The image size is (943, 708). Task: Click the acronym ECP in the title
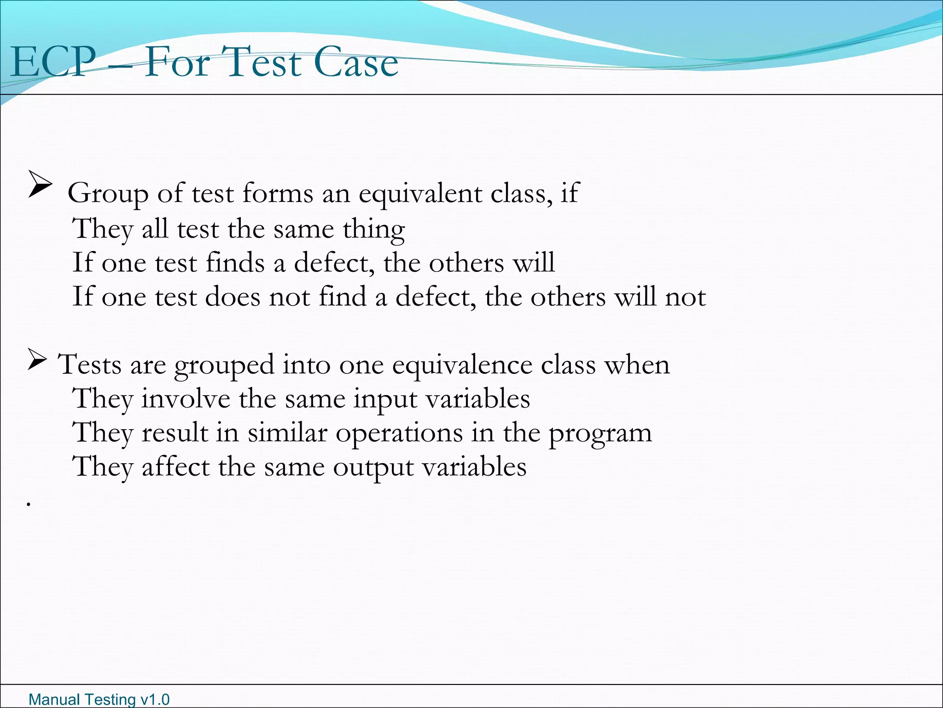tap(53, 62)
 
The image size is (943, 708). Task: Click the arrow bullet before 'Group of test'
tap(40, 184)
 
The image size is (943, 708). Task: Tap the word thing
tap(373, 230)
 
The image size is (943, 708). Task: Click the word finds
tap(235, 263)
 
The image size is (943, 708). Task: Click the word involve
tap(186, 399)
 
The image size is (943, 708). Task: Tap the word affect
tap(175, 466)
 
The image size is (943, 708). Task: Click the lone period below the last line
tap(29, 505)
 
